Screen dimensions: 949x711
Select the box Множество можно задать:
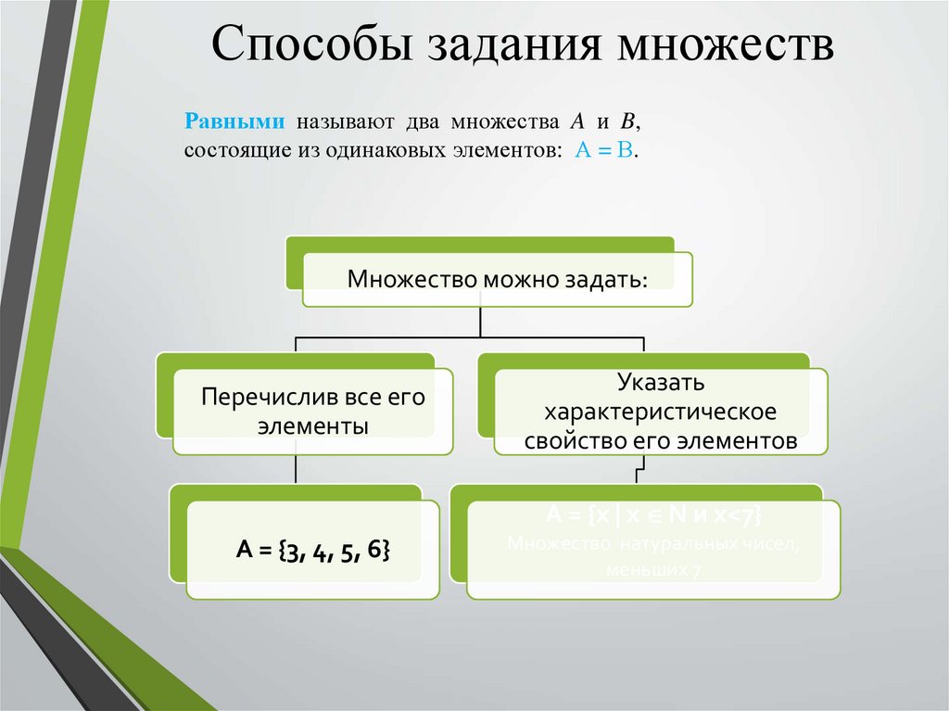click(x=497, y=278)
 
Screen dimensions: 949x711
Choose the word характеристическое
click(x=660, y=411)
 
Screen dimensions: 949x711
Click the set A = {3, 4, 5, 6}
click(x=312, y=551)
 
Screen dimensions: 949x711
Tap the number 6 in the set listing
click(x=374, y=551)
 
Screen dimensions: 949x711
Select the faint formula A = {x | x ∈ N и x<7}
click(x=653, y=515)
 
